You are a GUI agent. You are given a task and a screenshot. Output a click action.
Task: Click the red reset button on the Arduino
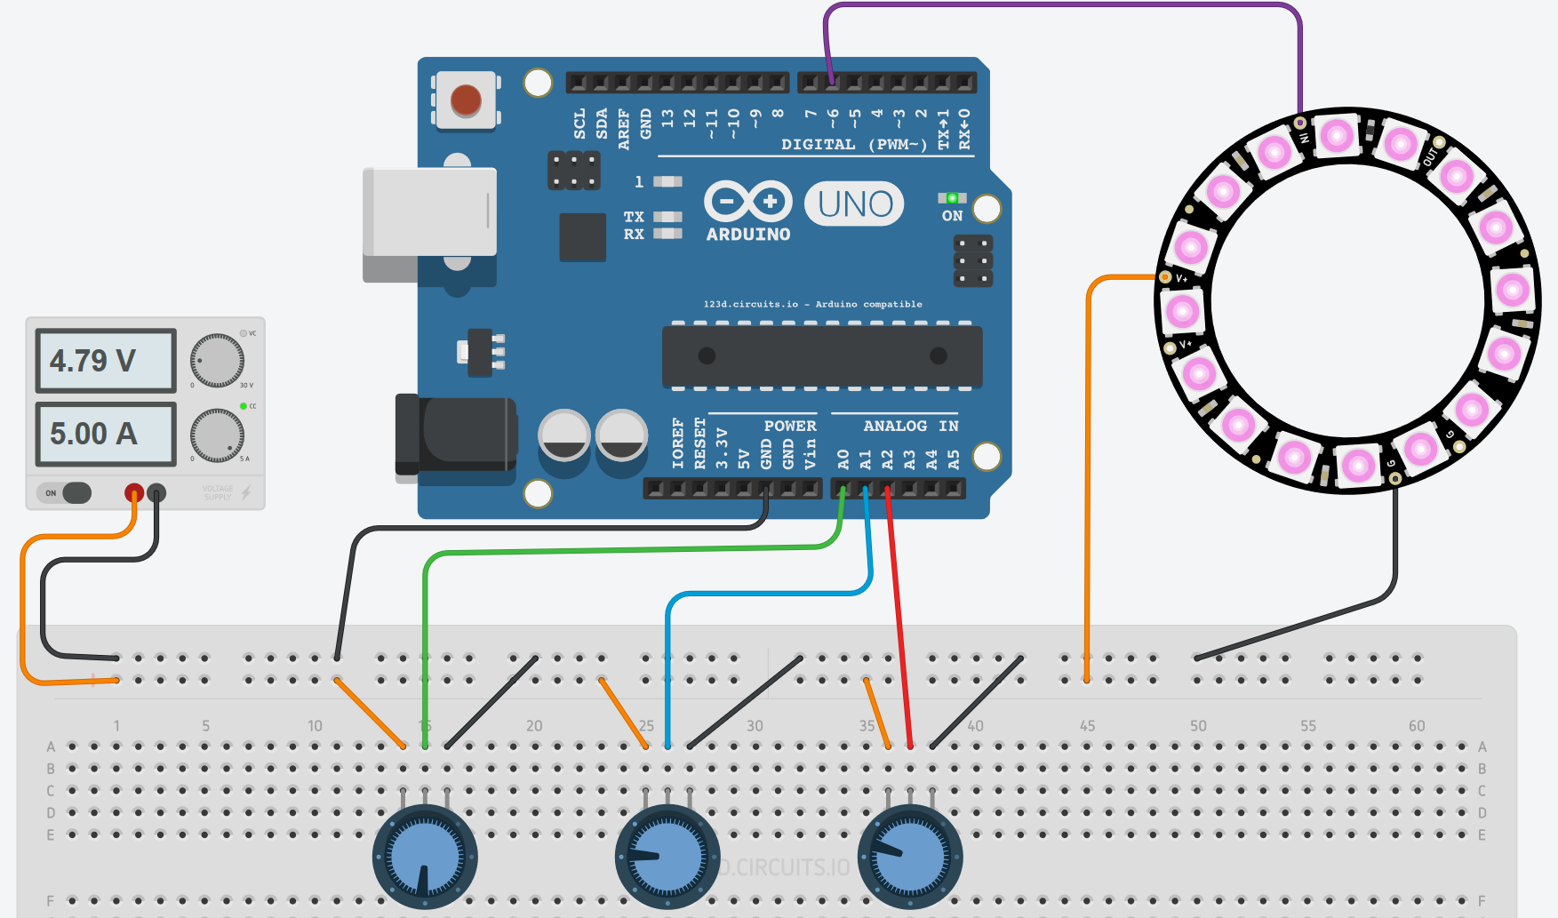466,100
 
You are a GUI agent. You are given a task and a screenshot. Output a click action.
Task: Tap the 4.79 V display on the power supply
106,361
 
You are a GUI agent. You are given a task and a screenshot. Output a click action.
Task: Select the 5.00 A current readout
106,434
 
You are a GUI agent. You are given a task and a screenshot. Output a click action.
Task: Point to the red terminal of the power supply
133,492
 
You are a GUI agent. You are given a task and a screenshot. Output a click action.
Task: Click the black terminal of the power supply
156,492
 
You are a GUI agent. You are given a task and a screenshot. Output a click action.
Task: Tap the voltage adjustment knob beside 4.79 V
217,361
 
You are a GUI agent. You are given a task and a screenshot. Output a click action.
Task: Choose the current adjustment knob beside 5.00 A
217,435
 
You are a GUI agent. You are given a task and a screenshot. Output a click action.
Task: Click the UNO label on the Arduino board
854,204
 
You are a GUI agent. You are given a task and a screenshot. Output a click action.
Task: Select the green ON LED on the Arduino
952,198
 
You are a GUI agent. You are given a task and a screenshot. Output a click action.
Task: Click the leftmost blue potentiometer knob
425,858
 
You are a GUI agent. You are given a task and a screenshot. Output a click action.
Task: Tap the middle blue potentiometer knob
667,858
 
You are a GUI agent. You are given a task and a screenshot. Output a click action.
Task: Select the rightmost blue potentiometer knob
910,858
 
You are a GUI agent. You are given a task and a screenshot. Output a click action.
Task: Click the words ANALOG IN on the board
910,426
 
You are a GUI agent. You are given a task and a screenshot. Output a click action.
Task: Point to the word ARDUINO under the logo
747,235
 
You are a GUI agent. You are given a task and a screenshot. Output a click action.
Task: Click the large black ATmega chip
822,356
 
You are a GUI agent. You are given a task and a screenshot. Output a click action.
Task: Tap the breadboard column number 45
1087,725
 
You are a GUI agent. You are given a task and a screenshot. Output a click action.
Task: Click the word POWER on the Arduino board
789,426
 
